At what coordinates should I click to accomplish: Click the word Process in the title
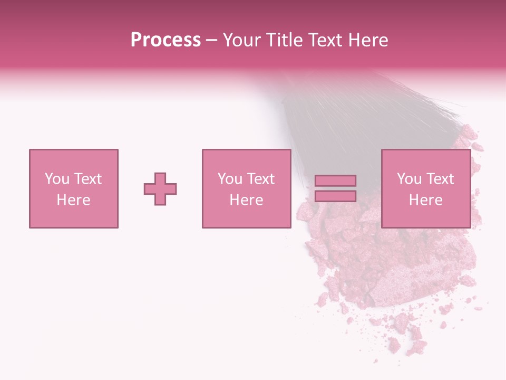(166, 40)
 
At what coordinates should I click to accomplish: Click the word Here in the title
(370, 40)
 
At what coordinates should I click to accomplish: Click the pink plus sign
(160, 189)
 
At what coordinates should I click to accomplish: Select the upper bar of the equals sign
(335, 181)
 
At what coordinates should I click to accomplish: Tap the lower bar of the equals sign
(335, 196)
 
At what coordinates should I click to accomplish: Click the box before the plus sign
(74, 158)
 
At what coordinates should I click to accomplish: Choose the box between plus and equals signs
(247, 158)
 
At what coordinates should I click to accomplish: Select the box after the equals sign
(426, 158)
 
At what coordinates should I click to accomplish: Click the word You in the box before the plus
(56, 179)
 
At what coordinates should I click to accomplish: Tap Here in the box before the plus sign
(73, 200)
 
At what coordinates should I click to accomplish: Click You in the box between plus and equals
(229, 179)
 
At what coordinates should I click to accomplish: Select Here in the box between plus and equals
(246, 200)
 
